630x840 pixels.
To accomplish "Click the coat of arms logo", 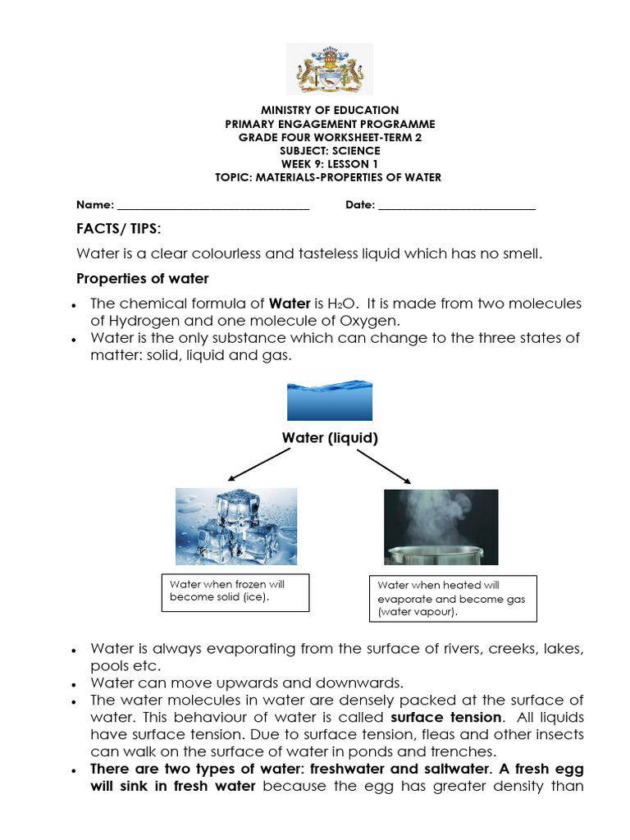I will (329, 69).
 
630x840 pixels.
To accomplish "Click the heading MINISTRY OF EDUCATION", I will (330, 110).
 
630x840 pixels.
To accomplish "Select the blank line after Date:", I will (456, 206).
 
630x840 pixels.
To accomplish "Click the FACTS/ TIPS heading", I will (118, 227).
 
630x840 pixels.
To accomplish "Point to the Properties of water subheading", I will (142, 278).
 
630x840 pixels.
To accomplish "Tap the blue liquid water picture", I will (329, 400).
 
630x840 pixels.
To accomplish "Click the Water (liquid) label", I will (330, 438).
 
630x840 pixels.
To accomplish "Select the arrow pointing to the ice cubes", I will (256, 466).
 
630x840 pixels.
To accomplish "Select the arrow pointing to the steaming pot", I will (384, 466).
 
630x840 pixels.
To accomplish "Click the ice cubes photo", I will (236, 527).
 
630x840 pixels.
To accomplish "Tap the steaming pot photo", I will (441, 527).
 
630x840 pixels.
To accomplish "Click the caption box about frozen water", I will (235, 591).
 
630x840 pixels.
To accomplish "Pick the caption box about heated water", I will (453, 598).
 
